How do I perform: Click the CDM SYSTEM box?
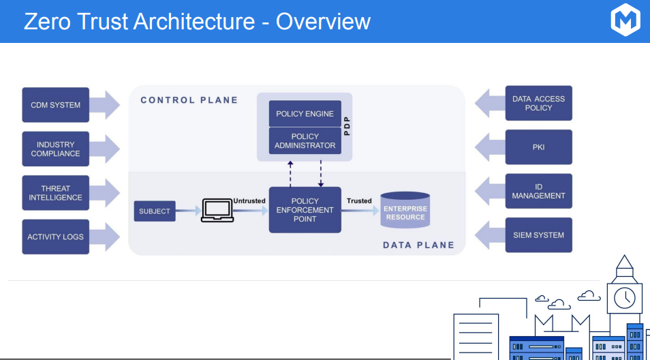(x=55, y=105)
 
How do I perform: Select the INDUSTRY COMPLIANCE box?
(x=55, y=149)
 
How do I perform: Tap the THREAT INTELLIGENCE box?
(x=55, y=193)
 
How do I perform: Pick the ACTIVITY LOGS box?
(x=55, y=237)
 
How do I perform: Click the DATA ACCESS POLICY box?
(x=538, y=103)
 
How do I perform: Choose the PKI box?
(x=538, y=147)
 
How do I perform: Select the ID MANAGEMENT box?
(x=538, y=191)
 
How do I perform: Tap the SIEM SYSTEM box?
(x=538, y=235)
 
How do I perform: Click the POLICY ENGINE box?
(x=305, y=114)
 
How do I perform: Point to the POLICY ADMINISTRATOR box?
(x=305, y=141)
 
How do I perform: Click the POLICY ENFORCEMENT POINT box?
(x=305, y=210)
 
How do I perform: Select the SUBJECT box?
(x=154, y=211)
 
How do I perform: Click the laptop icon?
(x=217, y=211)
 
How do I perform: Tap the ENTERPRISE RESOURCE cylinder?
(x=405, y=211)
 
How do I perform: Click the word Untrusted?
(x=249, y=201)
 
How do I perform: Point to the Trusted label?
(x=359, y=201)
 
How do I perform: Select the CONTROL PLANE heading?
(x=189, y=100)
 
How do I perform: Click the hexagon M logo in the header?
(x=625, y=20)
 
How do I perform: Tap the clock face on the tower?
(x=624, y=297)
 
